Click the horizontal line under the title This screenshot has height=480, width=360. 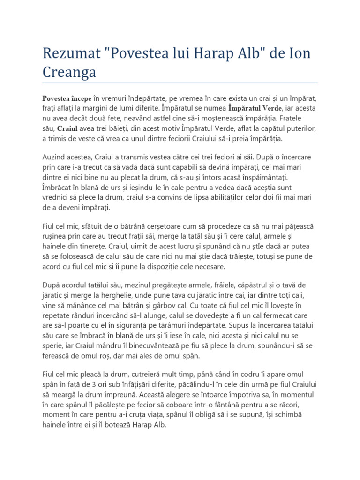pos(180,83)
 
